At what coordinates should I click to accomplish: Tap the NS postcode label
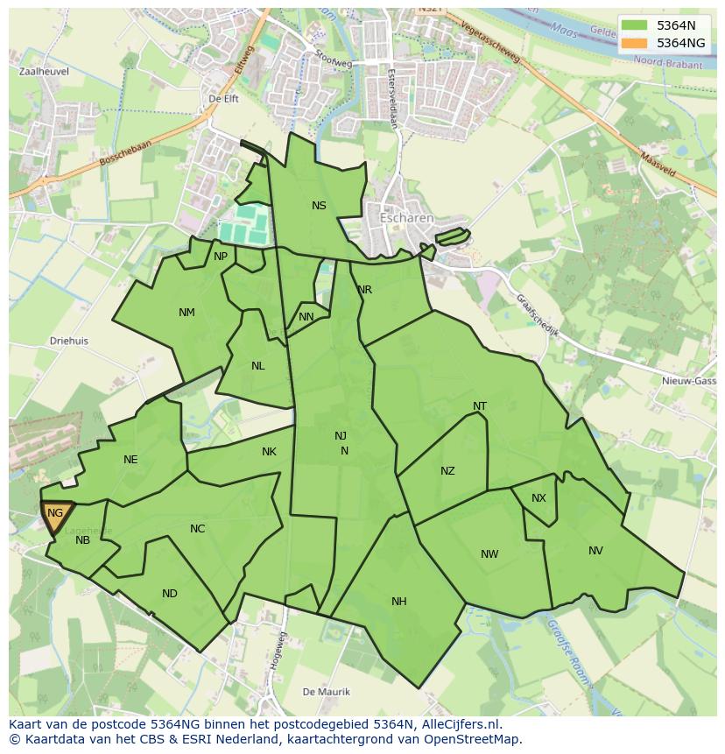319,206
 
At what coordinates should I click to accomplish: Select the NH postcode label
399,601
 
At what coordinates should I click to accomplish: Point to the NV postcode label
595,551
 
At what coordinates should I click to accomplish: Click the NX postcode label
538,498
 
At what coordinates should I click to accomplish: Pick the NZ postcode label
447,471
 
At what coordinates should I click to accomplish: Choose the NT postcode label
480,406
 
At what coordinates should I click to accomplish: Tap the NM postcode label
187,313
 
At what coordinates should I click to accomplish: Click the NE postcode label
130,460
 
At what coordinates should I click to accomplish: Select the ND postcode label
170,594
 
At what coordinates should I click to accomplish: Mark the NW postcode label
489,554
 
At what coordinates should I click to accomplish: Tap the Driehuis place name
69,342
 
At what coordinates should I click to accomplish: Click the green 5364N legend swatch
635,25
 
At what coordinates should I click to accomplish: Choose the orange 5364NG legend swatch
635,42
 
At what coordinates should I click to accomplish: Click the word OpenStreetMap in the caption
479,739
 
